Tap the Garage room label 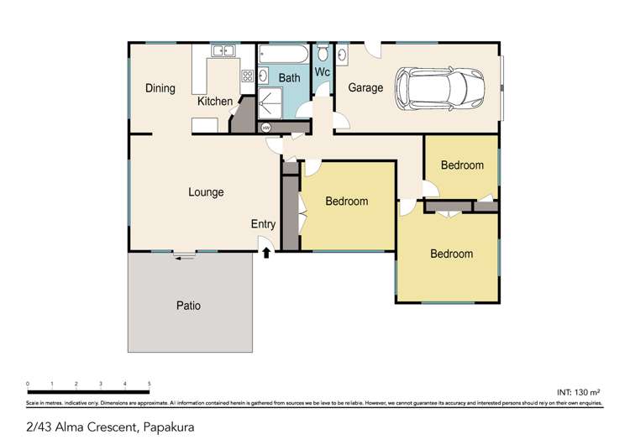(365, 87)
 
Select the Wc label (323, 72)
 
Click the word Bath (289, 78)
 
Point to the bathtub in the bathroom (283, 55)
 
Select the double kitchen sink (223, 51)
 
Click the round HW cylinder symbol (266, 128)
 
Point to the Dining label (160, 88)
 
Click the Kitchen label (215, 102)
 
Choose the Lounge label (206, 192)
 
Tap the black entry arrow (267, 252)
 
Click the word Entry (263, 224)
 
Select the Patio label (188, 306)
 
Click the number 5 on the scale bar (149, 384)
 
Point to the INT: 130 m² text (580, 392)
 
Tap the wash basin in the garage (343, 56)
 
